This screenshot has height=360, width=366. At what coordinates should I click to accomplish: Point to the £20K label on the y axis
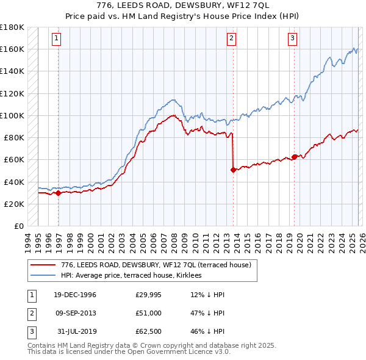pyautogui.click(x=13, y=204)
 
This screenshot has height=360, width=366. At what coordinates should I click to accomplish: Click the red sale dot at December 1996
pyautogui.click(x=59, y=193)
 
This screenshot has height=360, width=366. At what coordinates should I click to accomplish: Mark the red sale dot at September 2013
pyautogui.click(x=233, y=170)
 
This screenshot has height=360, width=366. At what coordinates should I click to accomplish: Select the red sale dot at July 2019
pyautogui.click(x=294, y=157)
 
